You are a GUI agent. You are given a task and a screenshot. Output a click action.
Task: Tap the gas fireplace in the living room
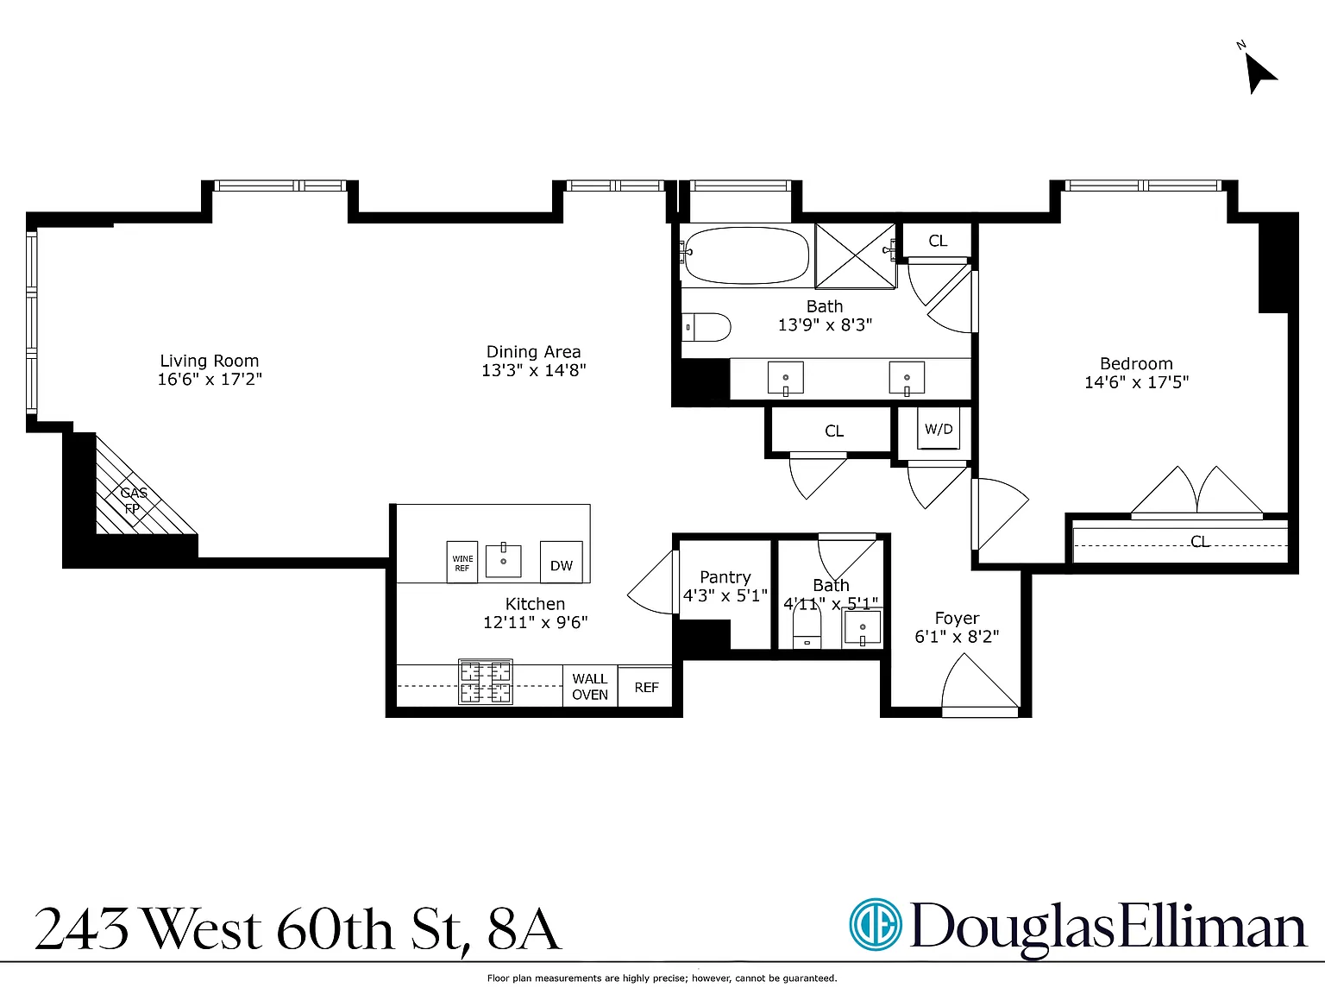coord(139,489)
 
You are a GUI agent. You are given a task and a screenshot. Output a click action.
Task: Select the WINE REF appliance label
coord(462,563)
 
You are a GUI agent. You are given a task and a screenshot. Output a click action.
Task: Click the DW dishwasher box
coord(562,562)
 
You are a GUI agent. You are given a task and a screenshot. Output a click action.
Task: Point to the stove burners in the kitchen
coord(486,682)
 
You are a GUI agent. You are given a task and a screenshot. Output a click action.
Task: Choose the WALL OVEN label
coord(590,687)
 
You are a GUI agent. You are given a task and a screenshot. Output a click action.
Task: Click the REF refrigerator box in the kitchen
coord(645,686)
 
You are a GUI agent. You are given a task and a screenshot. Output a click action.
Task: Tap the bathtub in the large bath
coord(746,255)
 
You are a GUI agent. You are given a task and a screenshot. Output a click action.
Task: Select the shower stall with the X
coord(856,256)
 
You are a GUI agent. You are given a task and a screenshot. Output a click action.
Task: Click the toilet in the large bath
coord(706,327)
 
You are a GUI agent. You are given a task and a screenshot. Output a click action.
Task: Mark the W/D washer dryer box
coord(939,429)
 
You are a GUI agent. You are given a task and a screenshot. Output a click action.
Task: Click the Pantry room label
coord(725,577)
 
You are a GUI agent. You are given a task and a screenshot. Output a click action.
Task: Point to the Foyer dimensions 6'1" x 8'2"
coord(957,637)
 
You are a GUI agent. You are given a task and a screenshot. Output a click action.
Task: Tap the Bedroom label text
coord(1136,363)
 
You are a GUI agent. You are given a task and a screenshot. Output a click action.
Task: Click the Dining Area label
coord(534,351)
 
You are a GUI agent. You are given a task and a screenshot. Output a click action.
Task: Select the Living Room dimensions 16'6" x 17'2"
coord(210,379)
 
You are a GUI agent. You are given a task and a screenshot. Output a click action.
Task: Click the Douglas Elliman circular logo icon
coord(876,925)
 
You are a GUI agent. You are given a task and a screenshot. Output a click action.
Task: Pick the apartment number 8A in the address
coord(524,929)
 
